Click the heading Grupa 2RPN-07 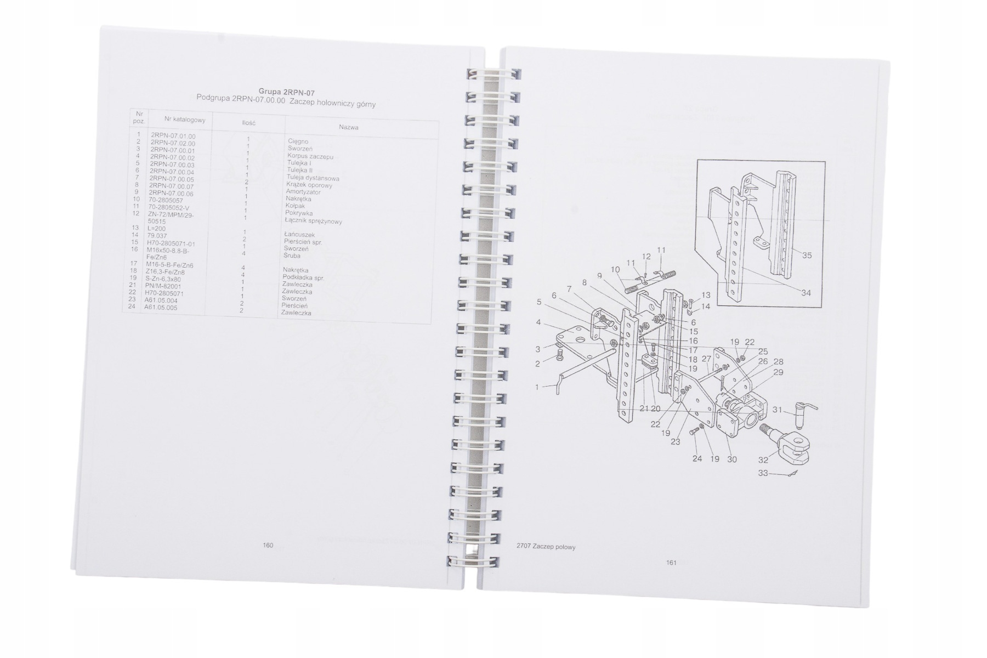click(x=286, y=92)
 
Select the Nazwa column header click(x=349, y=127)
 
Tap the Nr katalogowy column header click(x=185, y=120)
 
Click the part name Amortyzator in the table click(x=303, y=192)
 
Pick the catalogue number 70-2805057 click(x=166, y=201)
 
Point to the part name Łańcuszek click(x=299, y=235)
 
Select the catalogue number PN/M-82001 click(x=163, y=286)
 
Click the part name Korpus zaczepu click(x=310, y=156)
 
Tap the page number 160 click(x=268, y=545)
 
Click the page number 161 click(x=671, y=562)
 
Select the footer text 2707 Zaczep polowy click(x=546, y=547)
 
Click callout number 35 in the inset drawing click(x=807, y=256)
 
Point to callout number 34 click(x=806, y=293)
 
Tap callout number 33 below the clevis click(x=763, y=473)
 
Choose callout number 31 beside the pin click(x=777, y=410)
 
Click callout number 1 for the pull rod click(x=537, y=387)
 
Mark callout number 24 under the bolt click(x=697, y=458)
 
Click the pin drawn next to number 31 click(x=802, y=414)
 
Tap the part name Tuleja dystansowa click(x=313, y=178)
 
